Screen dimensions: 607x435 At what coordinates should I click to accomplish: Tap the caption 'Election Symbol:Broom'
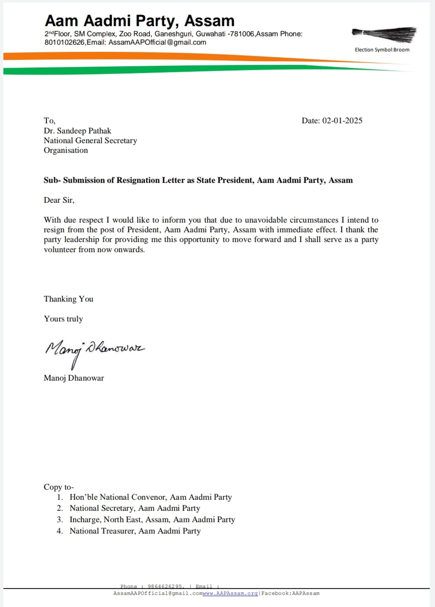[382, 50]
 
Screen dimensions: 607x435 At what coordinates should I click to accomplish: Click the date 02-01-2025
[342, 121]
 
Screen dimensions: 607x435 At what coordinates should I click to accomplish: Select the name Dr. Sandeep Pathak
[77, 131]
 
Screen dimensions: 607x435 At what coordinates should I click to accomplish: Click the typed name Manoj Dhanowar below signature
[74, 378]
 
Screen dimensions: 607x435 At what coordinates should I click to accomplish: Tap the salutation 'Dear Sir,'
[59, 200]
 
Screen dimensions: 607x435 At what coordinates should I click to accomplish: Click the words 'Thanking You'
[68, 299]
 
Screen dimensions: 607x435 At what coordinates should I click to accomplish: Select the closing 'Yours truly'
[63, 319]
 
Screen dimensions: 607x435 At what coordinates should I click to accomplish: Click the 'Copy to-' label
[59, 487]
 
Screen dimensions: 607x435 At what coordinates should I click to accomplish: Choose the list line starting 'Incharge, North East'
[152, 519]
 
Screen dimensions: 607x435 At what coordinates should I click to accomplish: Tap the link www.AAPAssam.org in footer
[230, 593]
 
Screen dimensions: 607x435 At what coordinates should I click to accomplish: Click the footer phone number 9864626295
[165, 586]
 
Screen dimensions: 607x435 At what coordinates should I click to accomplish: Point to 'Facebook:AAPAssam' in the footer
[290, 593]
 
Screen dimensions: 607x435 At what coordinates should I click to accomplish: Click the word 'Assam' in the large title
[209, 21]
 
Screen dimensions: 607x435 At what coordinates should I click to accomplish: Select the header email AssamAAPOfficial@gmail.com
[157, 42]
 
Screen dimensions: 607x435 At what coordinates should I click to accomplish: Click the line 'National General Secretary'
[90, 140]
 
